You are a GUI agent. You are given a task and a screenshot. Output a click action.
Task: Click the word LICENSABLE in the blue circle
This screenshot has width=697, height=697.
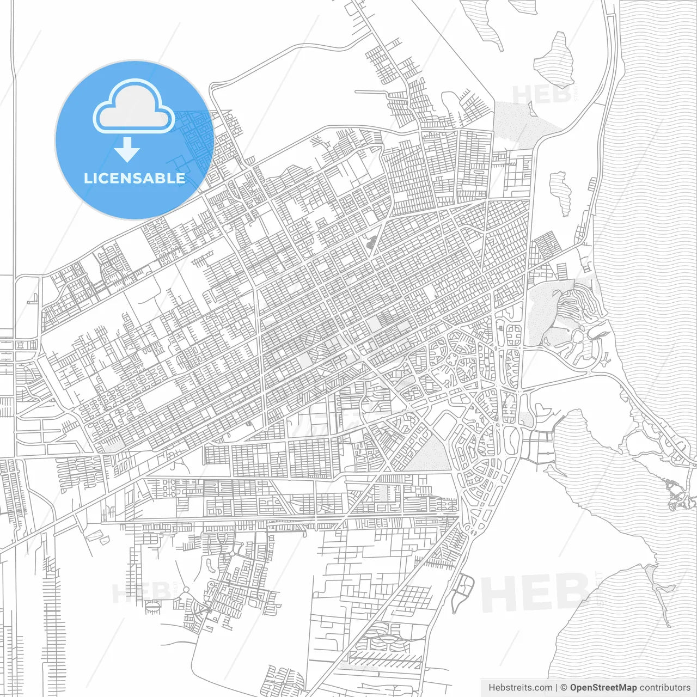[x=134, y=178]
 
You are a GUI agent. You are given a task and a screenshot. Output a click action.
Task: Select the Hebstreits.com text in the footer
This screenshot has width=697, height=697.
[x=520, y=688]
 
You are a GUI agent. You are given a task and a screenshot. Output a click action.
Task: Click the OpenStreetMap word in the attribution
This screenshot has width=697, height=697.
[x=603, y=688]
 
